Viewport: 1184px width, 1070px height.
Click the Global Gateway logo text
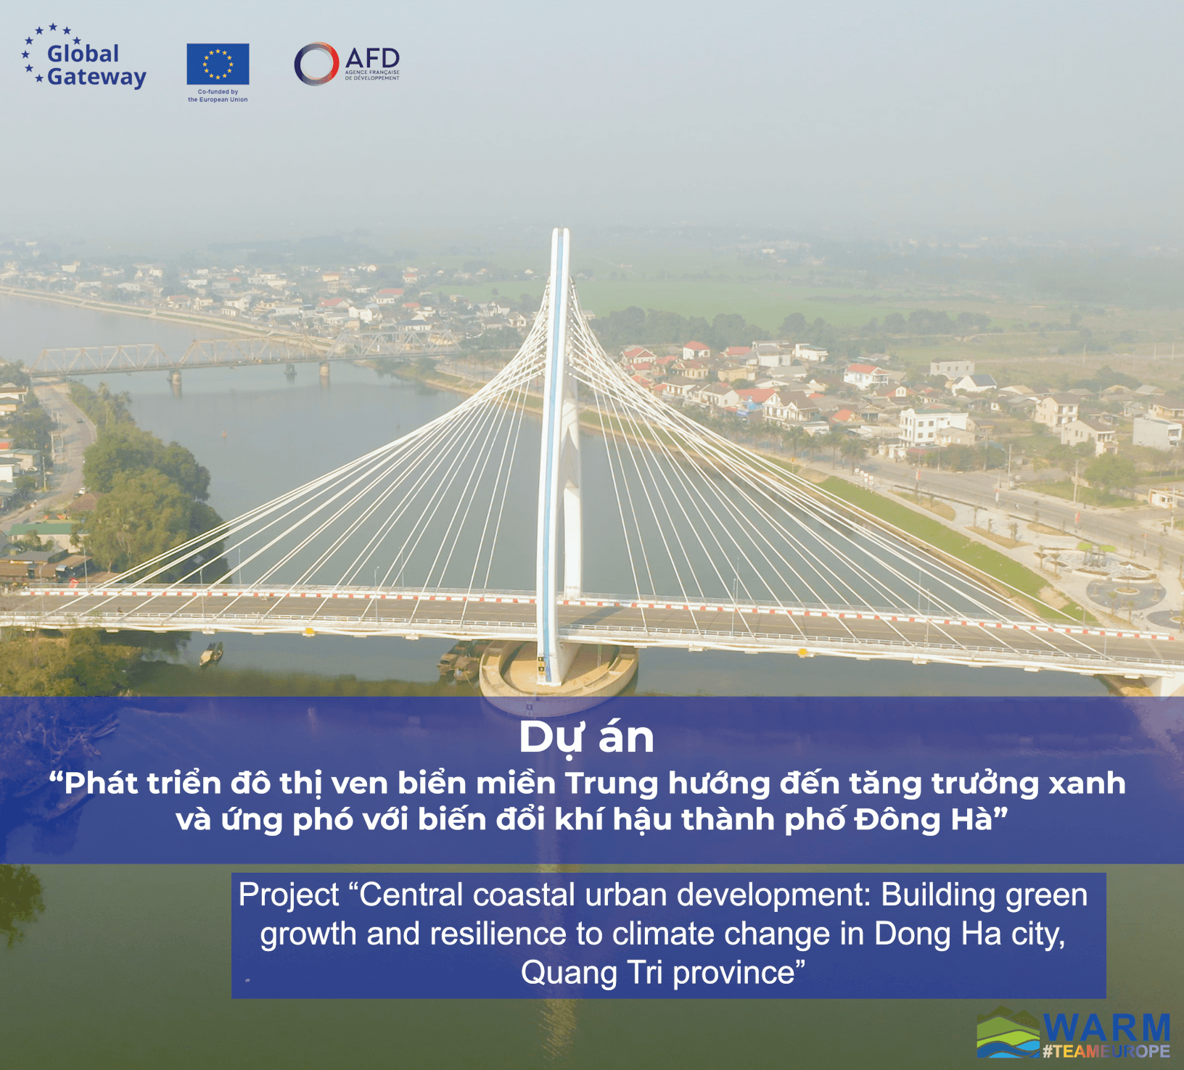pyautogui.click(x=96, y=65)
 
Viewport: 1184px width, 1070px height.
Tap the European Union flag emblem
pyautogui.click(x=218, y=64)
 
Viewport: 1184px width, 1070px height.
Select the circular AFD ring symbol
pyautogui.click(x=316, y=64)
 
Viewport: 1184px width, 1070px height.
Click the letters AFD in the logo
pyautogui.click(x=372, y=58)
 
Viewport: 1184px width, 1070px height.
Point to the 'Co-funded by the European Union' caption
pyautogui.click(x=218, y=96)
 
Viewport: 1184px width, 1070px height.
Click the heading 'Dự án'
pyautogui.click(x=586, y=738)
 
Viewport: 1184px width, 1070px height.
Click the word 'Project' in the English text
pyautogui.click(x=289, y=895)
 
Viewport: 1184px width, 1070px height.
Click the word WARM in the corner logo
pyautogui.click(x=1107, y=1028)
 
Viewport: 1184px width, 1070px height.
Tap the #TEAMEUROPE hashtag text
pyautogui.click(x=1106, y=1051)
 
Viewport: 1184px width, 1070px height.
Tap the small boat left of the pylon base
pyautogui.click(x=211, y=655)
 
